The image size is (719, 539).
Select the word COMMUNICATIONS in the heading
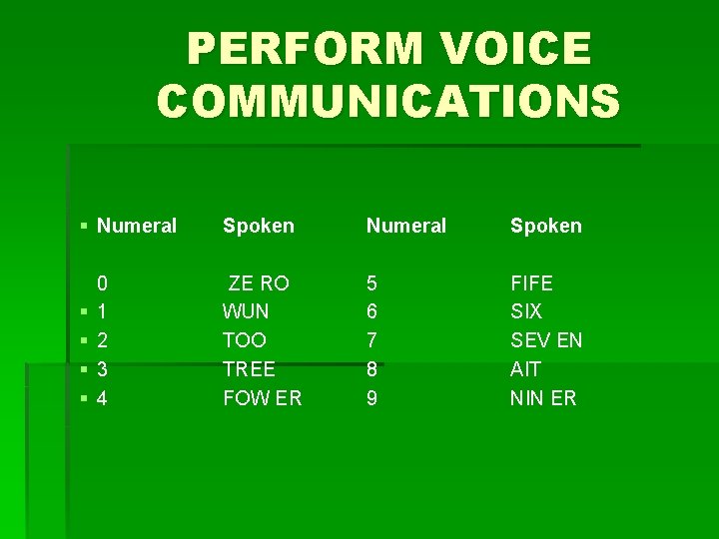pyautogui.click(x=388, y=101)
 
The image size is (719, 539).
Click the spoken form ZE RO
pyautogui.click(x=259, y=283)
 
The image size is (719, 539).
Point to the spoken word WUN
pyautogui.click(x=246, y=311)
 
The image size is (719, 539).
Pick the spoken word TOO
pyautogui.click(x=245, y=340)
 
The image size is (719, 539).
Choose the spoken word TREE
pyautogui.click(x=249, y=369)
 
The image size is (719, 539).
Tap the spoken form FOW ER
pyautogui.click(x=262, y=398)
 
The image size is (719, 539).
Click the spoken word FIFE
pyautogui.click(x=531, y=283)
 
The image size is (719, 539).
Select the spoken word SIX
pyautogui.click(x=526, y=311)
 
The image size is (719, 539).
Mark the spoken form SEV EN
pyautogui.click(x=546, y=340)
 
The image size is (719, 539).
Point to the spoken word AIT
pyautogui.click(x=524, y=369)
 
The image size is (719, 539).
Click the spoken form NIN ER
pyautogui.click(x=543, y=398)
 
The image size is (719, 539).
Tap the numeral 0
pyautogui.click(x=103, y=283)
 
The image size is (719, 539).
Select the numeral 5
pyautogui.click(x=371, y=283)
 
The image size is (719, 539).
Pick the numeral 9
pyautogui.click(x=371, y=398)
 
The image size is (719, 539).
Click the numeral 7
pyautogui.click(x=371, y=340)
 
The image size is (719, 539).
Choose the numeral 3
pyautogui.click(x=103, y=369)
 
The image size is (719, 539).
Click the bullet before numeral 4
pyautogui.click(x=85, y=399)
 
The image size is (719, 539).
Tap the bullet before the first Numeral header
pyautogui.click(x=85, y=227)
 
